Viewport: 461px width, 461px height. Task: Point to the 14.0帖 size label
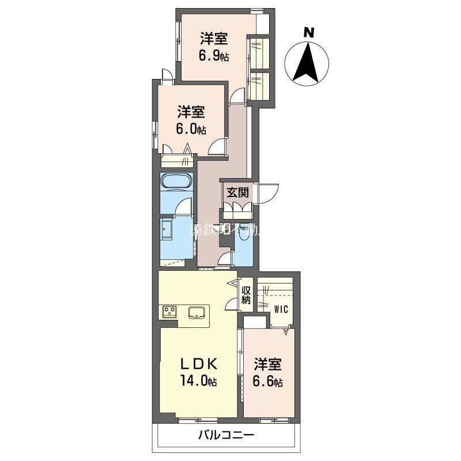click(197, 381)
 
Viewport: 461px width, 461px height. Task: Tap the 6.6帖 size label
click(269, 381)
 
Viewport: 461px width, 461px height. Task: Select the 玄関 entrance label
click(236, 192)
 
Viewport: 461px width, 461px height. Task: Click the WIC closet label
click(281, 309)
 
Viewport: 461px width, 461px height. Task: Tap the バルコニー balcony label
click(226, 435)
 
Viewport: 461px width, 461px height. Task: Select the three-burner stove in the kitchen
click(169, 312)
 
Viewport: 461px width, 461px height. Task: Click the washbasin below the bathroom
click(167, 231)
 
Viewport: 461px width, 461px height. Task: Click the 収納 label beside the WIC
click(246, 294)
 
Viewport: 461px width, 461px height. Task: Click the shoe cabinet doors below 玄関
click(236, 209)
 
